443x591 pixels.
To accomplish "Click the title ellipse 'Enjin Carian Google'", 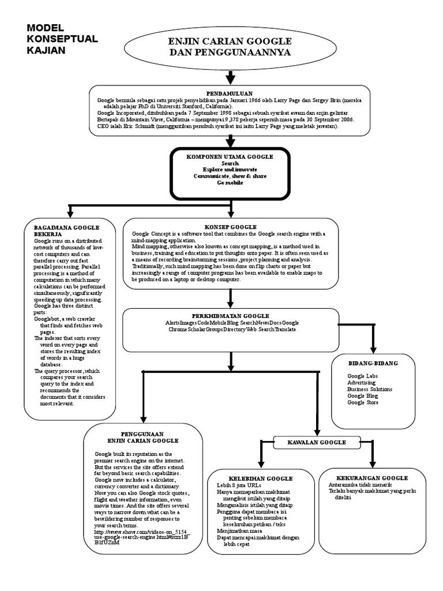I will point(230,47).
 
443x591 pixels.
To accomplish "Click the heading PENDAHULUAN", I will point(230,93).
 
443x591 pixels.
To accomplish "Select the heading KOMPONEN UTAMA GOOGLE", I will point(230,156).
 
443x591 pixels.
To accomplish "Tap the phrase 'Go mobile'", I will point(230,182).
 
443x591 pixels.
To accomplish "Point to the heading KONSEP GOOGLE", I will point(230,227).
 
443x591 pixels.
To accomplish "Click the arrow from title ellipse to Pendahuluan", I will point(230,76).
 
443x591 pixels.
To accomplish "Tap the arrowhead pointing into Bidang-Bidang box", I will point(373,348).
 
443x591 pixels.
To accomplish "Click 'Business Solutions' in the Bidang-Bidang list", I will point(369,389).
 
